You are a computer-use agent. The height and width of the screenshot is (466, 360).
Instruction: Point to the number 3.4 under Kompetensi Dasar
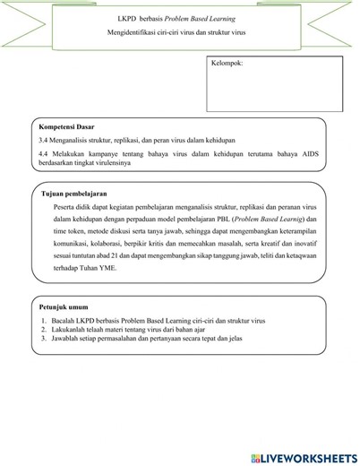(x=43, y=141)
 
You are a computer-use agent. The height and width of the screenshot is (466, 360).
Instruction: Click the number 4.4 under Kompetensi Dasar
(x=43, y=154)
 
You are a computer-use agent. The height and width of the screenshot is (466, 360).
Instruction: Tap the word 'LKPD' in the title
(x=128, y=17)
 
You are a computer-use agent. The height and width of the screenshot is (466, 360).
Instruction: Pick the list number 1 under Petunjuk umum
(x=43, y=320)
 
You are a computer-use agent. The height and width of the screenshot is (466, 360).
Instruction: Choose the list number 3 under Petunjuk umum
(x=43, y=339)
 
